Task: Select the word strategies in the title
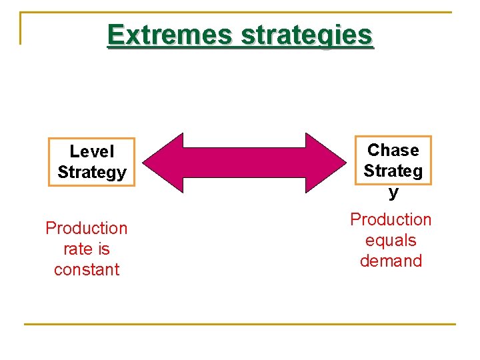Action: [306, 35]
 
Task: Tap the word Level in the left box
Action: [92, 152]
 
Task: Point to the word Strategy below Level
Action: [92, 173]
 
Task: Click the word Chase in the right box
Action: [393, 150]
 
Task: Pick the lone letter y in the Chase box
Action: [393, 192]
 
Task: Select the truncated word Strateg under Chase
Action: [393, 171]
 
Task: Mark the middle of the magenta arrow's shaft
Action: [243, 163]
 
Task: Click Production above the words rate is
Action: [86, 228]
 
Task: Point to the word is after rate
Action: [103, 249]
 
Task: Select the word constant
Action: [86, 270]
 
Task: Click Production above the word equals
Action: [391, 219]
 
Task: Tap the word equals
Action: [391, 240]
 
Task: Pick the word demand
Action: [391, 261]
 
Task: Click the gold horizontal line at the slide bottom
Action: [240, 325]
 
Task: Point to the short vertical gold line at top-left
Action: [21, 28]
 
